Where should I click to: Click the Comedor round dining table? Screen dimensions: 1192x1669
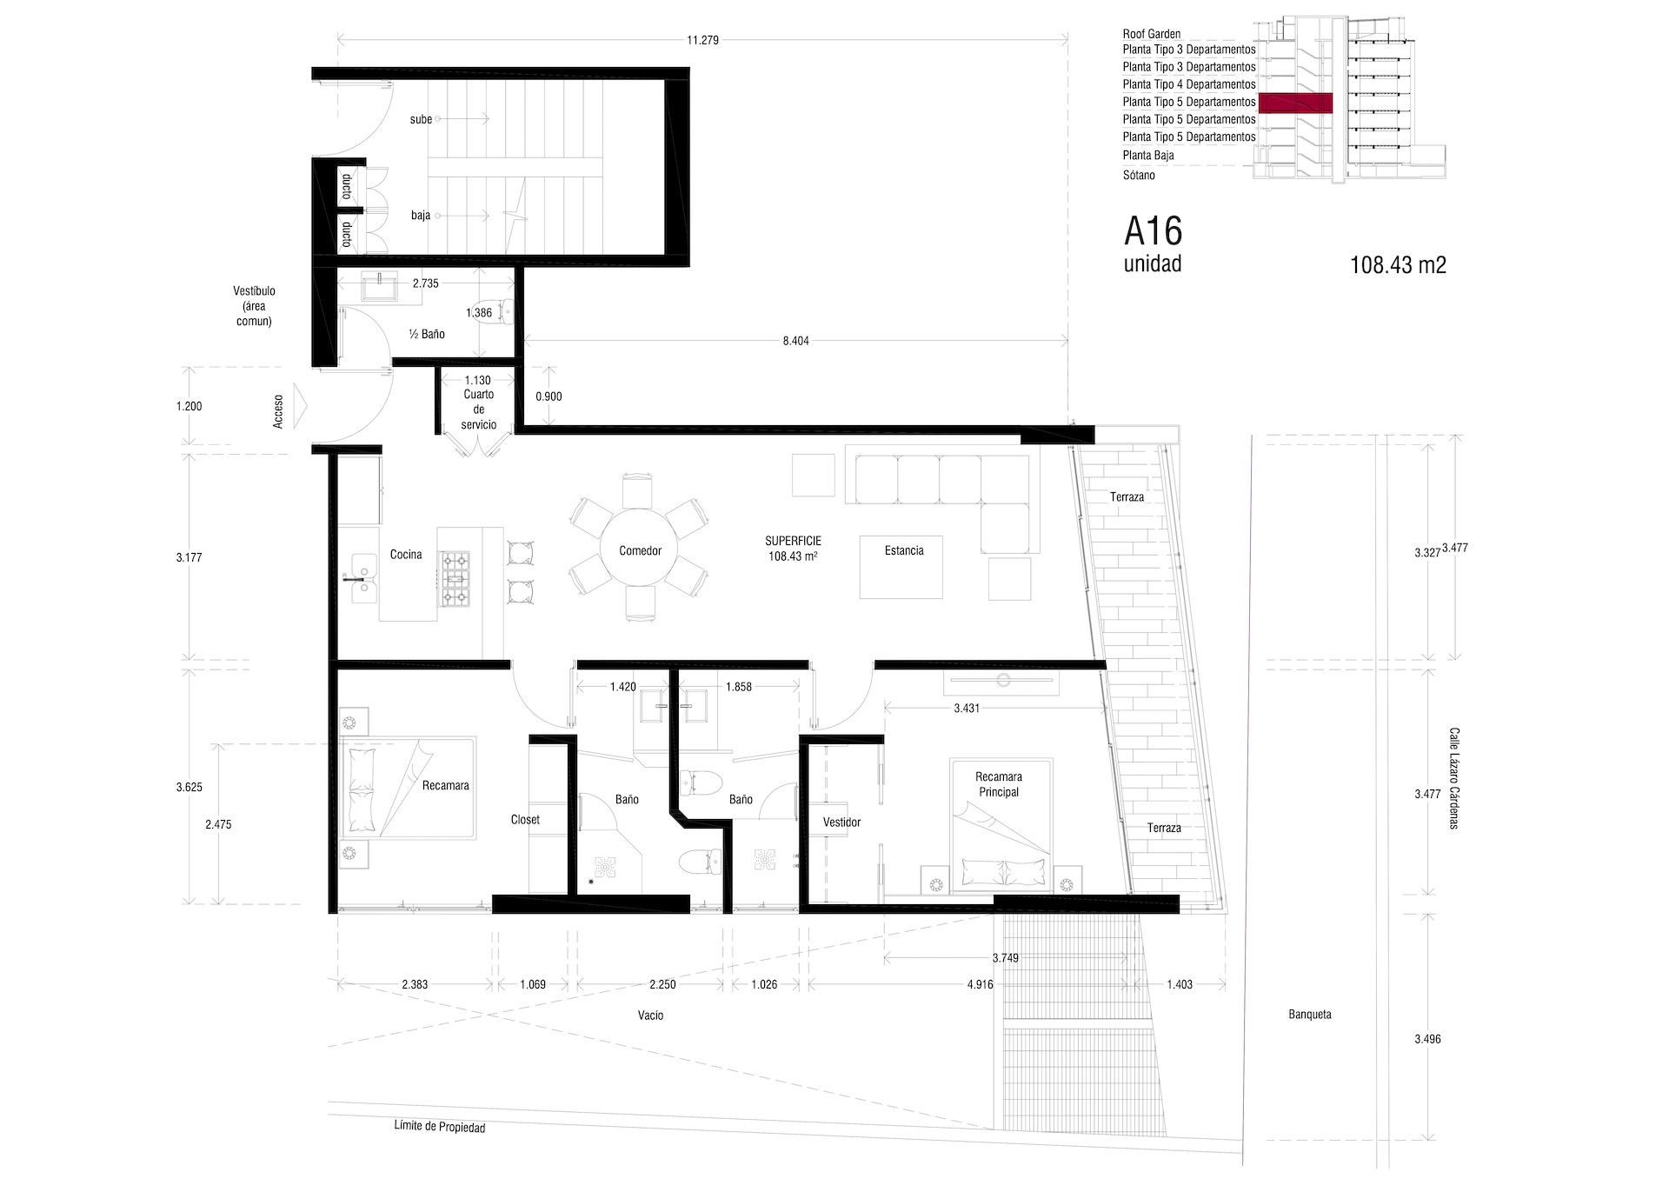click(640, 550)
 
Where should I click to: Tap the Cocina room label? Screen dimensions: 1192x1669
click(406, 555)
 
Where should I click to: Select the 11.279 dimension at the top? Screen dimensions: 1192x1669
click(702, 40)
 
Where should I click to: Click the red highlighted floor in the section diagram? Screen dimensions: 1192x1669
click(1295, 103)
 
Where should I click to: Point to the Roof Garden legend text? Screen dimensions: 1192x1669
click(1151, 34)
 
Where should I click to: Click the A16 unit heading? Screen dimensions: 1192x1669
click(1153, 232)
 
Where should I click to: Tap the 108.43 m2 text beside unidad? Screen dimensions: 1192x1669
click(1398, 265)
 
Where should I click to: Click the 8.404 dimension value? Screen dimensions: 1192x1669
click(795, 341)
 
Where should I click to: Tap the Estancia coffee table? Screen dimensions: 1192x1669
click(902, 567)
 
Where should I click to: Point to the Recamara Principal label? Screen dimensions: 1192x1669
click(998, 784)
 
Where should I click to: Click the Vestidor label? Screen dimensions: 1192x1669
click(841, 822)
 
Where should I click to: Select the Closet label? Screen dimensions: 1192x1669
click(525, 820)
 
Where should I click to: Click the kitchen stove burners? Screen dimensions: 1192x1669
click(455, 577)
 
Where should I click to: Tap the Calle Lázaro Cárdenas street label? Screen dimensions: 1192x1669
click(1453, 778)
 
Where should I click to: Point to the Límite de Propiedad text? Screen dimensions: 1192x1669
click(439, 1128)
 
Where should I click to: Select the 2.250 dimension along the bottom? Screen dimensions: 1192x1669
click(662, 985)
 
